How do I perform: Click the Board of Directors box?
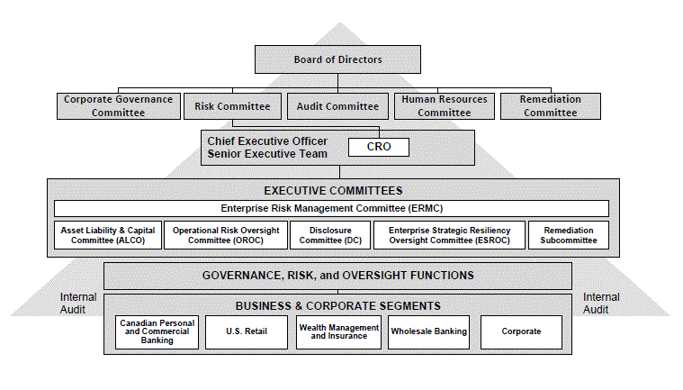tap(337, 59)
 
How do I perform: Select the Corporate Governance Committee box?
tap(119, 106)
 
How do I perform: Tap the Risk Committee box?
tap(232, 106)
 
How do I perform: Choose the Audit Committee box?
tap(337, 106)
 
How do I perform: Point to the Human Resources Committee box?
tap(445, 106)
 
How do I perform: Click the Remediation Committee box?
tap(551, 106)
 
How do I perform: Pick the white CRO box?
tap(379, 147)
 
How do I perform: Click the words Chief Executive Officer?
tap(267, 141)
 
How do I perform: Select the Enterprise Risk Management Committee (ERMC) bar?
tap(331, 208)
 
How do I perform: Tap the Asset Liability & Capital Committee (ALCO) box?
tap(108, 235)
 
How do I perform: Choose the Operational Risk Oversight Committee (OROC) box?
tap(226, 235)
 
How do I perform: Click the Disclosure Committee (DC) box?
tap(330, 235)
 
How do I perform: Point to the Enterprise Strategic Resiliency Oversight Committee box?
tap(450, 235)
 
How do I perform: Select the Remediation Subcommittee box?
tap(569, 235)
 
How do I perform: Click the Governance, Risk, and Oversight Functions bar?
tap(337, 276)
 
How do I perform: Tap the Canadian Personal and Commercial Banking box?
tap(157, 332)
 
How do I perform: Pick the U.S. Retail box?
tap(247, 332)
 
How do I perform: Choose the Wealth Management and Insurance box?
tap(338, 332)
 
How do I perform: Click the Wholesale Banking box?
tap(428, 332)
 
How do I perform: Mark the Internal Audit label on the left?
tap(78, 304)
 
